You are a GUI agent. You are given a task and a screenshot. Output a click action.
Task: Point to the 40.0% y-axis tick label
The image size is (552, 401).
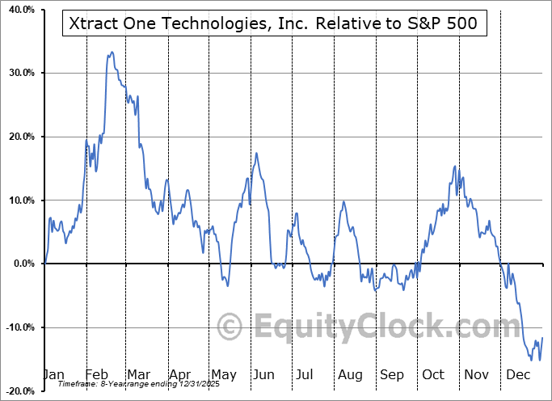19,10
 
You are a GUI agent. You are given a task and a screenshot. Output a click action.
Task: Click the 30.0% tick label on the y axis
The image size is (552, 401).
19,74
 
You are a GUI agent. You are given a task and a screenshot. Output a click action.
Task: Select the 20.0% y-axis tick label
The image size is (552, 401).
19,137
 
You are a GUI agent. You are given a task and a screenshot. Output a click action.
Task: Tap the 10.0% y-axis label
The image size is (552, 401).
19,200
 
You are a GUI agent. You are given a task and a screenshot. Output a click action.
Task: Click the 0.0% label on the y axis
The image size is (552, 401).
22,264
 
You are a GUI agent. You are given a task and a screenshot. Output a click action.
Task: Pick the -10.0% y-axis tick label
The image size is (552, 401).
18,327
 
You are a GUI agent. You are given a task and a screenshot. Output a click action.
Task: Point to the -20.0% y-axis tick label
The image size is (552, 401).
18,390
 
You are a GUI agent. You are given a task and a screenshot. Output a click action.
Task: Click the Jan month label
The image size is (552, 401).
53,374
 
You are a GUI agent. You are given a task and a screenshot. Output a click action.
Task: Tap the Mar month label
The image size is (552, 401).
139,374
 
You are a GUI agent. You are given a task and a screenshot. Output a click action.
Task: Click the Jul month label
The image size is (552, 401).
305,374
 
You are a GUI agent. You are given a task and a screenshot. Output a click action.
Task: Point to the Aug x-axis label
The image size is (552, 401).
351,374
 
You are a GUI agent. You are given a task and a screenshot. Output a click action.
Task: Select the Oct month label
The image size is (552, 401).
434,374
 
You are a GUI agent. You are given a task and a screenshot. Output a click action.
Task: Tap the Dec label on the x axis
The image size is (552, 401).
516,374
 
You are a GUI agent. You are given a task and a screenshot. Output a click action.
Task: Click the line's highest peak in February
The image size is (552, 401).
112,53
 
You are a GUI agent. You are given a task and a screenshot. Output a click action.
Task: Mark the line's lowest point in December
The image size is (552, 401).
539,360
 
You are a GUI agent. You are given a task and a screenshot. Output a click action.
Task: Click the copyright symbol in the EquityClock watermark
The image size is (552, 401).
231,327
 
